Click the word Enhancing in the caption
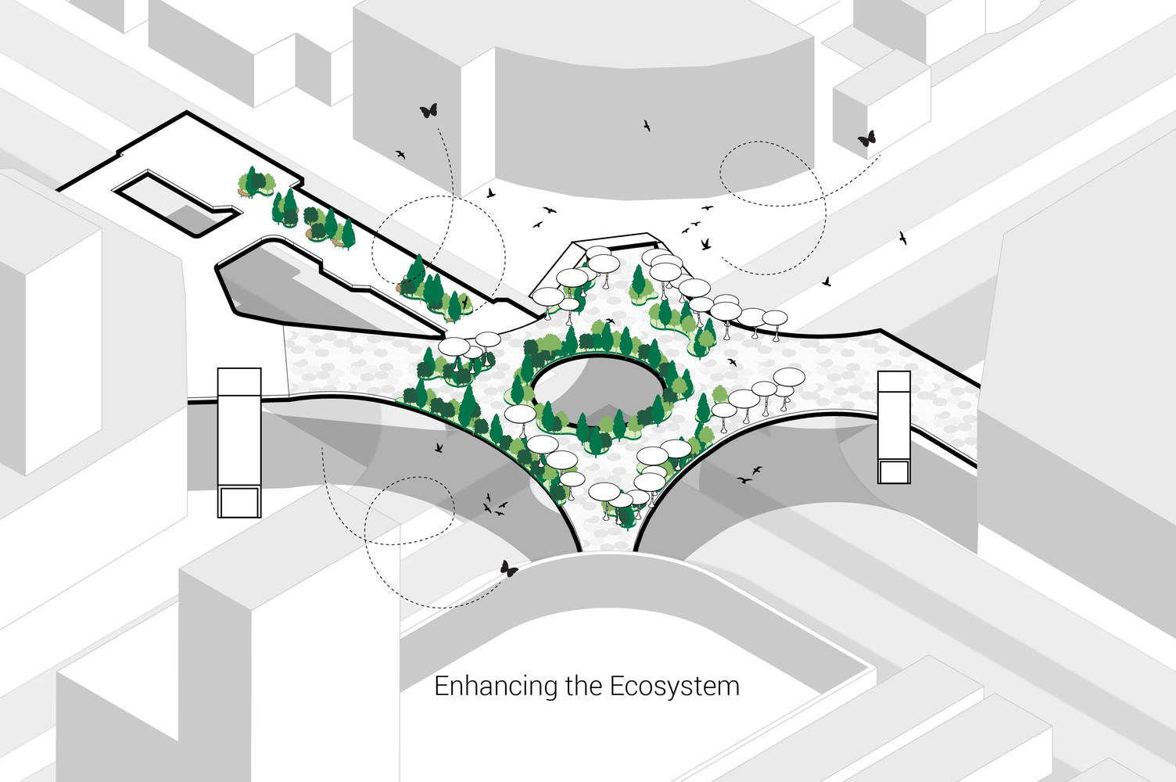496,687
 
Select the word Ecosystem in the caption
674,687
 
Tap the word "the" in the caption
583,686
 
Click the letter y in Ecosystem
676,691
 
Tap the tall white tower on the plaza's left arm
239,442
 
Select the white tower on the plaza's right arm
894,427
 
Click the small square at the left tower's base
239,502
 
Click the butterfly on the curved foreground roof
508,569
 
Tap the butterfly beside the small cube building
867,138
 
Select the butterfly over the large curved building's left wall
428,110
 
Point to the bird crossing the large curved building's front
647,126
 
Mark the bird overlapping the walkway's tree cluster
464,301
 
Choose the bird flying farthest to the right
903,238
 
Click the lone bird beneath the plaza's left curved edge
439,447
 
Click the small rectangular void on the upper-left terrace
177,204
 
